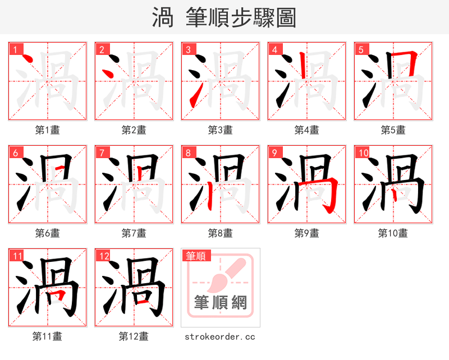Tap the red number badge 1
pos(16,50)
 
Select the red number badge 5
pos(361,50)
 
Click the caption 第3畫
pos(220,130)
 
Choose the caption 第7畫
pos(134,233)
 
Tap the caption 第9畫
pos(306,233)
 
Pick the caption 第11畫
pos(47,336)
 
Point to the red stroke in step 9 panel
pos(331,193)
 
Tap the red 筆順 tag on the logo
pos(196,256)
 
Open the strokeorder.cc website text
pos(220,336)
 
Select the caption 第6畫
pos(47,233)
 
